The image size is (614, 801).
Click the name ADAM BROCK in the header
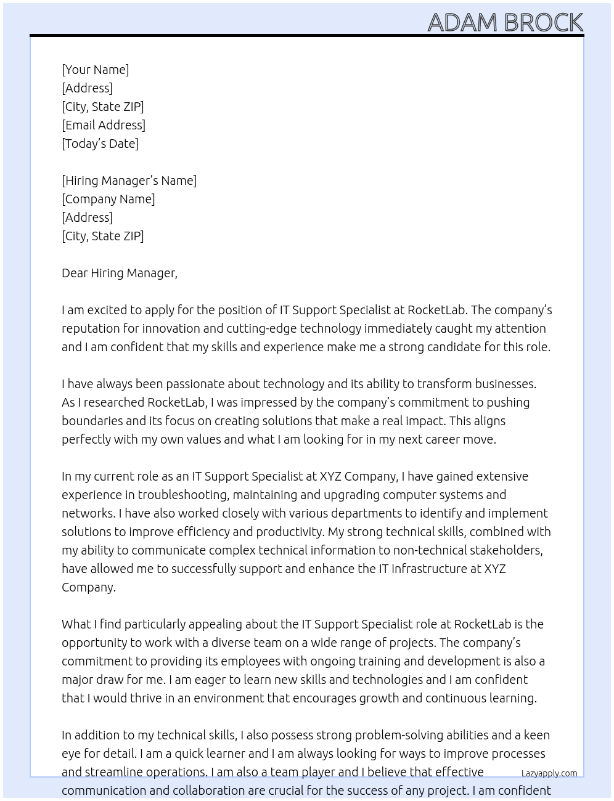(505, 22)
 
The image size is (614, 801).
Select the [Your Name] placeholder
(95, 70)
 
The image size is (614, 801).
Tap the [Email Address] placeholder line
(104, 125)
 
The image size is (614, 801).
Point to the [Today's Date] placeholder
(100, 144)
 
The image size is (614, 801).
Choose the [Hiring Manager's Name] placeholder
(129, 181)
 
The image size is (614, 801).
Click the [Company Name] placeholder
(108, 199)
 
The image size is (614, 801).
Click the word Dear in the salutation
(75, 273)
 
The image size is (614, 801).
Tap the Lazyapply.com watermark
(549, 773)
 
